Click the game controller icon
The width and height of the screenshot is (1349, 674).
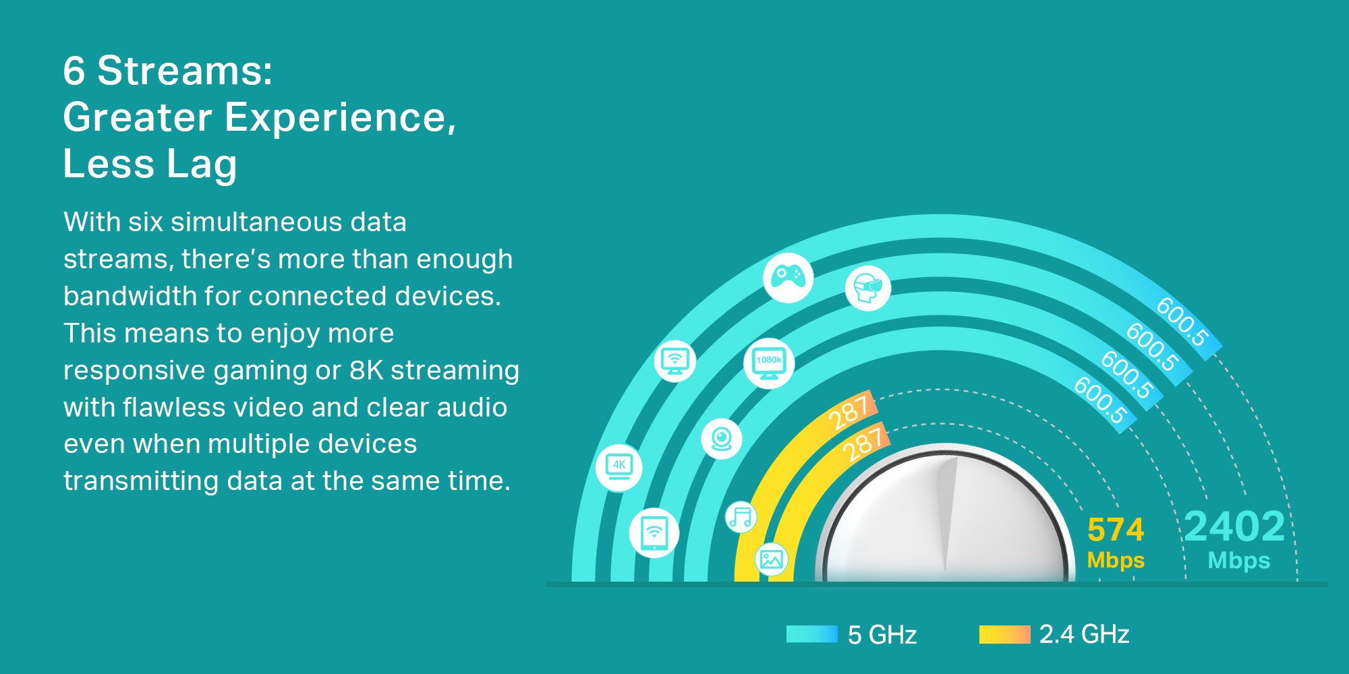coord(788,277)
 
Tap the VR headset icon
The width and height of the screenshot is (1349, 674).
coord(868,288)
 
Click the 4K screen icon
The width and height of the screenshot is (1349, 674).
coord(619,466)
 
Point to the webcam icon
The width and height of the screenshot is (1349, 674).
coord(722,439)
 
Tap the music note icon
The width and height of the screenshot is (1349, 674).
coord(741,518)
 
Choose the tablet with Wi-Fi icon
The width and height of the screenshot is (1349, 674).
coord(654,532)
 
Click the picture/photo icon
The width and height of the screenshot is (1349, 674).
coord(771,559)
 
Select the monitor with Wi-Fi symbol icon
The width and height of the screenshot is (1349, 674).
coord(674,361)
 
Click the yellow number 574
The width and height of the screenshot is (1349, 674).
coord(1116,530)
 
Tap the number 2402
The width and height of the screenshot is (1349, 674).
coord(1234,526)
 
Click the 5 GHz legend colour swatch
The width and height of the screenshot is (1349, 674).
coord(812,634)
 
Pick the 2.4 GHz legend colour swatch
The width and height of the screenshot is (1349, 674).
coord(1005,634)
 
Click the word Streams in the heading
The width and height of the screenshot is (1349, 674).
coord(185,70)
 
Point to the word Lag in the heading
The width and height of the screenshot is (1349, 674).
coord(202,164)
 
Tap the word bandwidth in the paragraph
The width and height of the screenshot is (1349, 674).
coord(130,296)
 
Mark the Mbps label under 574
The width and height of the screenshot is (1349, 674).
coord(1116,561)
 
